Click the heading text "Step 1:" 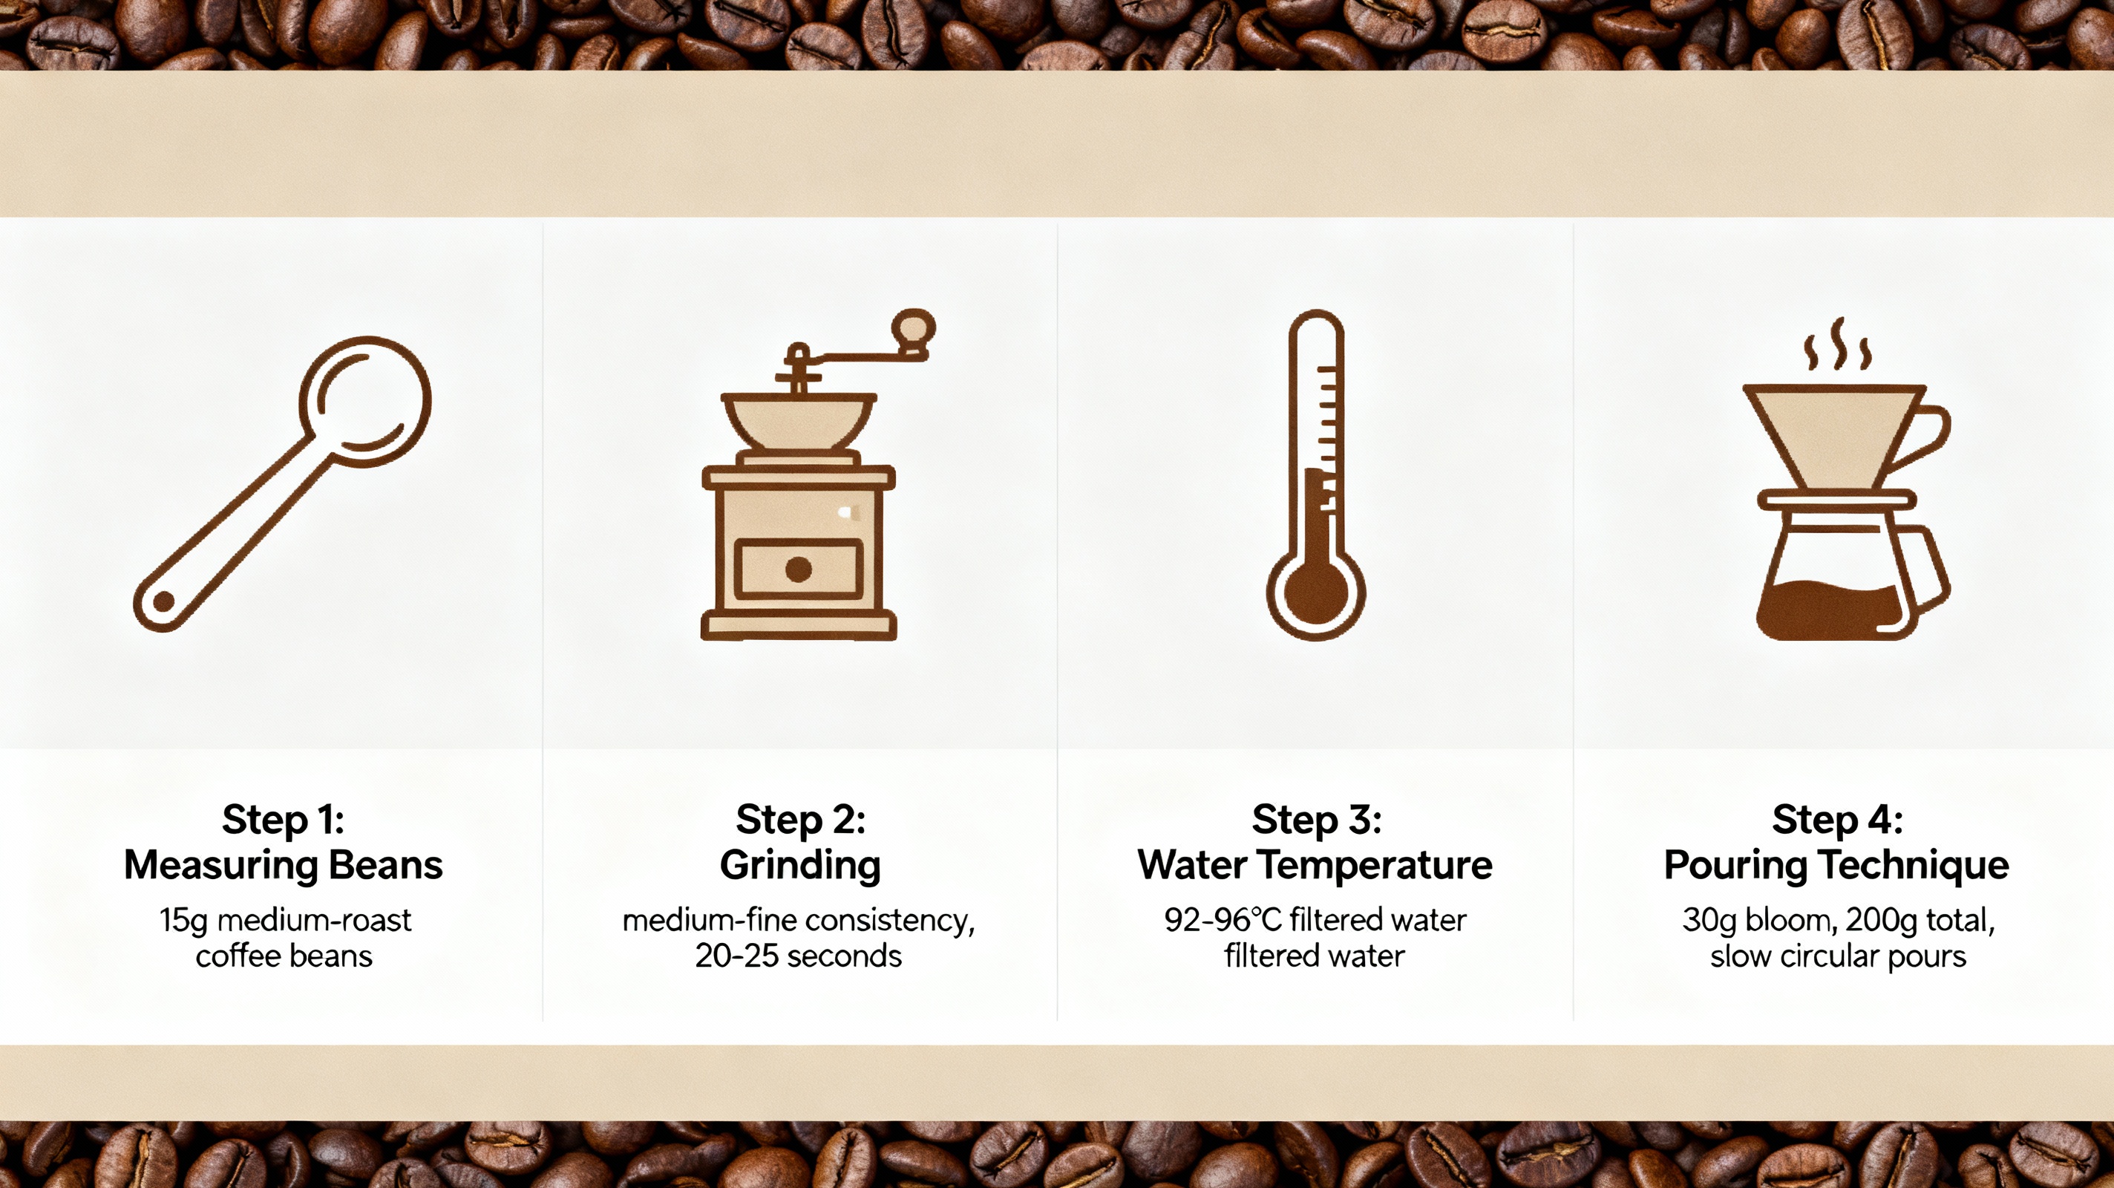click(283, 820)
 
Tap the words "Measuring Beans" click(283, 865)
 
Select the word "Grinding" click(800, 865)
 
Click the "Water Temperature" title click(1315, 865)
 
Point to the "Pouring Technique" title click(1836, 865)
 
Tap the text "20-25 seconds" click(799, 956)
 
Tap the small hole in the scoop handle click(163, 602)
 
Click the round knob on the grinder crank click(914, 327)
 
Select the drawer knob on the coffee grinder click(799, 569)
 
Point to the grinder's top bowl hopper click(799, 419)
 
